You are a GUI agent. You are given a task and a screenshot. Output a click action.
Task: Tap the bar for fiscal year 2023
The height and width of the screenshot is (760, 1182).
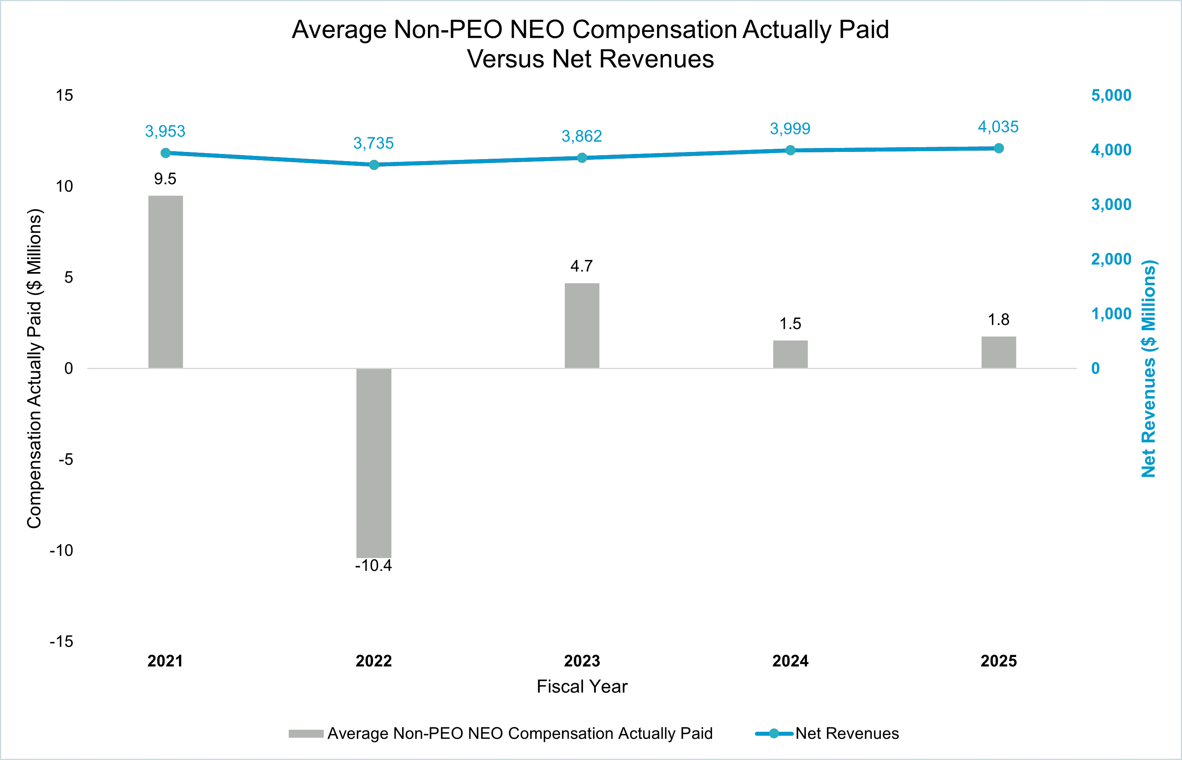tap(582, 326)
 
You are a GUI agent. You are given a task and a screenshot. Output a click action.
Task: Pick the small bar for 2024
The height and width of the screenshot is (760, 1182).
tap(790, 354)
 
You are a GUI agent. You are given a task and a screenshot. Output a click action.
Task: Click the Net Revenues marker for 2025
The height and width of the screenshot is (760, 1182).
tap(998, 148)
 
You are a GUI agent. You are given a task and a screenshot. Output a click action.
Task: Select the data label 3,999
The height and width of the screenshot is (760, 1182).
tap(790, 129)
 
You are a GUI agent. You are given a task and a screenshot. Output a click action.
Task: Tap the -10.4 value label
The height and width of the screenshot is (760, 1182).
tap(373, 566)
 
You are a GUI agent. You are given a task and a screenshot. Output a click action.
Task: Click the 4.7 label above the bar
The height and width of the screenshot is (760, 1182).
tap(581, 266)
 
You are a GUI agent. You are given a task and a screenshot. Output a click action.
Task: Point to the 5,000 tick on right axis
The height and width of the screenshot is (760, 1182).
tap(1111, 95)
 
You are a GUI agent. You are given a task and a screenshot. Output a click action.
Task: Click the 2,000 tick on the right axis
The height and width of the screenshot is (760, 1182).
tap(1111, 259)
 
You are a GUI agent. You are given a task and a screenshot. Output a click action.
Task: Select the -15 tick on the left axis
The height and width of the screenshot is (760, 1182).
tap(61, 641)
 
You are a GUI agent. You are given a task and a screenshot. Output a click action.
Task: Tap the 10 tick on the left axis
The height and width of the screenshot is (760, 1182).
tap(64, 187)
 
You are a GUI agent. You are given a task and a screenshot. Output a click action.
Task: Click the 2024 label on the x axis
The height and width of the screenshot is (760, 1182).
tap(790, 661)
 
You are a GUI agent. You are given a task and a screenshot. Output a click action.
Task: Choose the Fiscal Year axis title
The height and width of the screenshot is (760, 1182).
tap(582, 686)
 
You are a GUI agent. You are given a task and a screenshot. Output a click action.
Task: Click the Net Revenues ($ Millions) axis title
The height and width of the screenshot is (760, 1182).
tap(1149, 369)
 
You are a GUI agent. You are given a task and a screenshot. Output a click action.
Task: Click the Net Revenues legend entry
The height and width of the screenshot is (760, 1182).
tap(846, 733)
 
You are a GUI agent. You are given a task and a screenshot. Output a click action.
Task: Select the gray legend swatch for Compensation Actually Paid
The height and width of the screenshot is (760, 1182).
tap(306, 733)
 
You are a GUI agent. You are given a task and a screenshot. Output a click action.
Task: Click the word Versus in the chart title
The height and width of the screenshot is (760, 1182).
tap(506, 59)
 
